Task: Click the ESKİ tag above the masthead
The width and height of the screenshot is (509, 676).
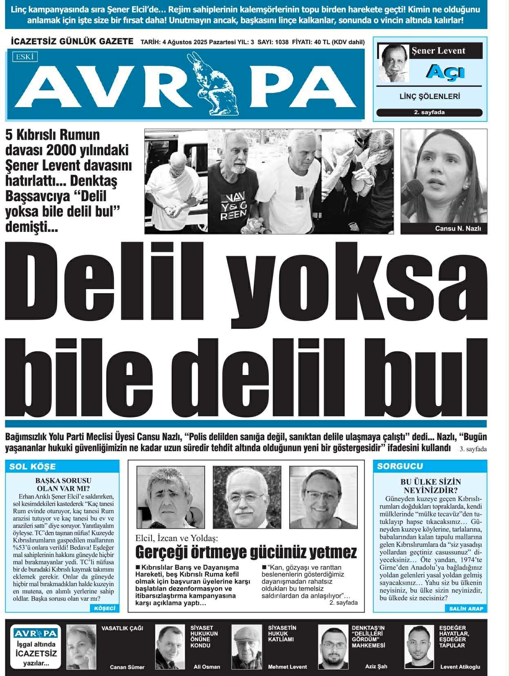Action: [x=25, y=57]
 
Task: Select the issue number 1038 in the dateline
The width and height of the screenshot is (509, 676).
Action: [x=282, y=42]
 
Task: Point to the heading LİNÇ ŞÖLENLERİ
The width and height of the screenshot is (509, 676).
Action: [x=429, y=97]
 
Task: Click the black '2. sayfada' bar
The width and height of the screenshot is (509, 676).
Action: [x=429, y=112]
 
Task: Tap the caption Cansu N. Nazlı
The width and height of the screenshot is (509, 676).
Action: [x=458, y=228]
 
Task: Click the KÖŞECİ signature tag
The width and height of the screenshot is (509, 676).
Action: [x=105, y=608]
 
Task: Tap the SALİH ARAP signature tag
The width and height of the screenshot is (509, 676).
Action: [x=466, y=609]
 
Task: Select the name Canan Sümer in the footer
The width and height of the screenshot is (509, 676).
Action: [x=127, y=667]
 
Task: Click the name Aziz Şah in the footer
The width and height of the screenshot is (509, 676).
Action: [x=376, y=666]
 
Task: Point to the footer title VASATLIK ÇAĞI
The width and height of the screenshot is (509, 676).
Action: [x=122, y=628]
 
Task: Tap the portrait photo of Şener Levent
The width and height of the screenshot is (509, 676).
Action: [x=393, y=63]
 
